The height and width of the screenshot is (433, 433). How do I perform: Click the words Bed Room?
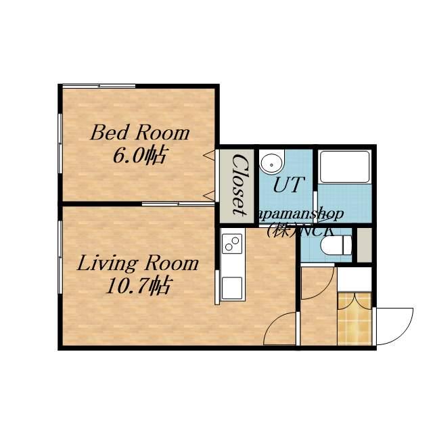(x=140, y=133)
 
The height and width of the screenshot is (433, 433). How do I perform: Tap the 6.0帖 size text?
(x=140, y=156)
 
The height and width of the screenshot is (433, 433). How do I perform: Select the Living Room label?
(x=138, y=263)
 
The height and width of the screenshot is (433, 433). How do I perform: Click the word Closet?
(x=239, y=185)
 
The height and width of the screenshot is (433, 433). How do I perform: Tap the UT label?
(x=289, y=184)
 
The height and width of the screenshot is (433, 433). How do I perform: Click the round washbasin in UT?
(x=272, y=164)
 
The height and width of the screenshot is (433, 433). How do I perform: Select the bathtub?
(x=344, y=166)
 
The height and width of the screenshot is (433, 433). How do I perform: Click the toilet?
(x=336, y=245)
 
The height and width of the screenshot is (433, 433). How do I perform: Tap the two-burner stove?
(x=232, y=244)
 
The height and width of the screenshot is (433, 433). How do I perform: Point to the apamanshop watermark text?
(x=301, y=214)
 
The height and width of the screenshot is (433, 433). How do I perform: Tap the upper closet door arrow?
(x=209, y=155)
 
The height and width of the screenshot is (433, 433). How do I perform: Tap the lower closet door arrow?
(x=209, y=196)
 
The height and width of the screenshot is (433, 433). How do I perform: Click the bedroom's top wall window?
(x=99, y=86)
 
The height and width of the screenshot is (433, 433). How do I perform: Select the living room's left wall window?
(x=60, y=257)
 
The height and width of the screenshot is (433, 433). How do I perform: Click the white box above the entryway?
(x=355, y=279)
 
